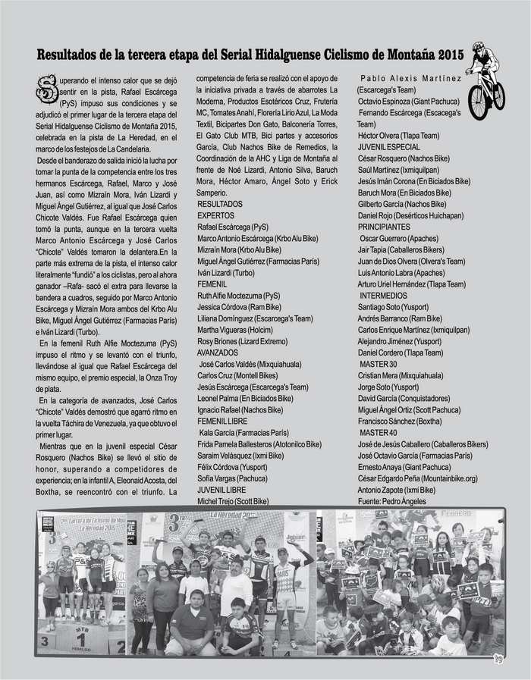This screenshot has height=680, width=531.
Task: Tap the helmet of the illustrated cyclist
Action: click(x=478, y=47)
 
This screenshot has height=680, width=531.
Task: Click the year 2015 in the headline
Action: click(x=449, y=55)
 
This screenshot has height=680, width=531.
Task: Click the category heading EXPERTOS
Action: click(x=215, y=216)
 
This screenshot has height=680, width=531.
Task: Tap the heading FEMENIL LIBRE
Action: click(x=225, y=421)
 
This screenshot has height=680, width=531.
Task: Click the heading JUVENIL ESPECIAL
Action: click(x=388, y=147)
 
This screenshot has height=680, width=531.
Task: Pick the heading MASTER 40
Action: click(x=379, y=432)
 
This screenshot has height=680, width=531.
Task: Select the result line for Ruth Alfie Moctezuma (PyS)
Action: click(x=239, y=296)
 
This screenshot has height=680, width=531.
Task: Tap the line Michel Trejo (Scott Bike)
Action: click(x=233, y=501)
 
